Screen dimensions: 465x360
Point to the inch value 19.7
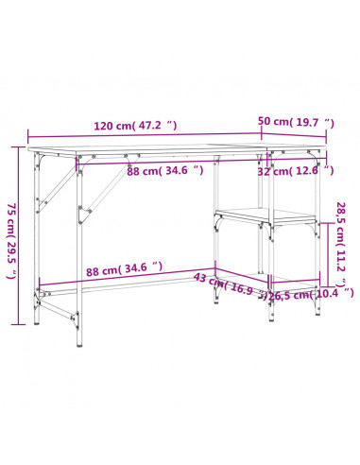click(315, 122)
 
